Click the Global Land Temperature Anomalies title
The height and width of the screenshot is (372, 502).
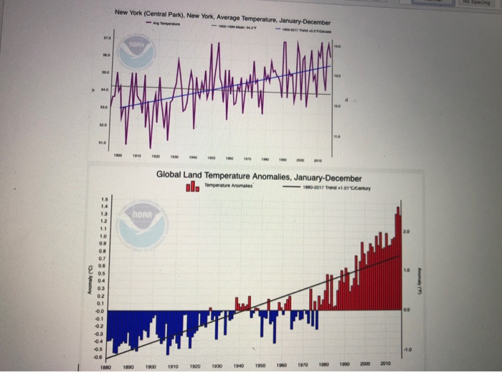pyautogui.click(x=259, y=178)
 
